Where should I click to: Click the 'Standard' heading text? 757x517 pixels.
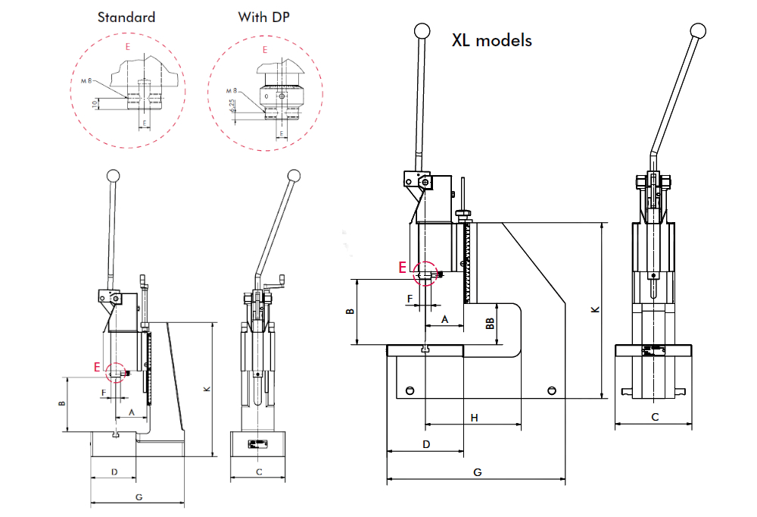pos(126,17)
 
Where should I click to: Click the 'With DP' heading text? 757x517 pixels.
pos(263,17)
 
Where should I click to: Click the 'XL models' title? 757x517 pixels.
pos(491,40)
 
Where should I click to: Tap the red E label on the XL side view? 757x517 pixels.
pos(403,267)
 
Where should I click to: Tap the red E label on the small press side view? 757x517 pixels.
pos(97,367)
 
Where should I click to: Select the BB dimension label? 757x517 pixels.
pos(490,323)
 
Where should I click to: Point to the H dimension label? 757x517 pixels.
pos(475,418)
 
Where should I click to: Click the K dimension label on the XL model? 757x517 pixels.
pos(595,309)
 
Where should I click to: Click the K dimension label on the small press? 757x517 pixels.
pos(207,389)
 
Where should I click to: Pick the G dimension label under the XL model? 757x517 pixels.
pos(478,472)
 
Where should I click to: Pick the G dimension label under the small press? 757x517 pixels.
pos(139,497)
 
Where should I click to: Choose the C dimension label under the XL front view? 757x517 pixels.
pos(655,417)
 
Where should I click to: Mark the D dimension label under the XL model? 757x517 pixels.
pos(426,443)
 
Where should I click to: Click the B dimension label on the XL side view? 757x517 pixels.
pos(349,312)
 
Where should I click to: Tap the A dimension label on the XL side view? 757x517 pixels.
pos(445,320)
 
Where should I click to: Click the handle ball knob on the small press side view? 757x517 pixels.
pos(114,175)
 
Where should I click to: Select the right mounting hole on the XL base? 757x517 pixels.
pos(551,390)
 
